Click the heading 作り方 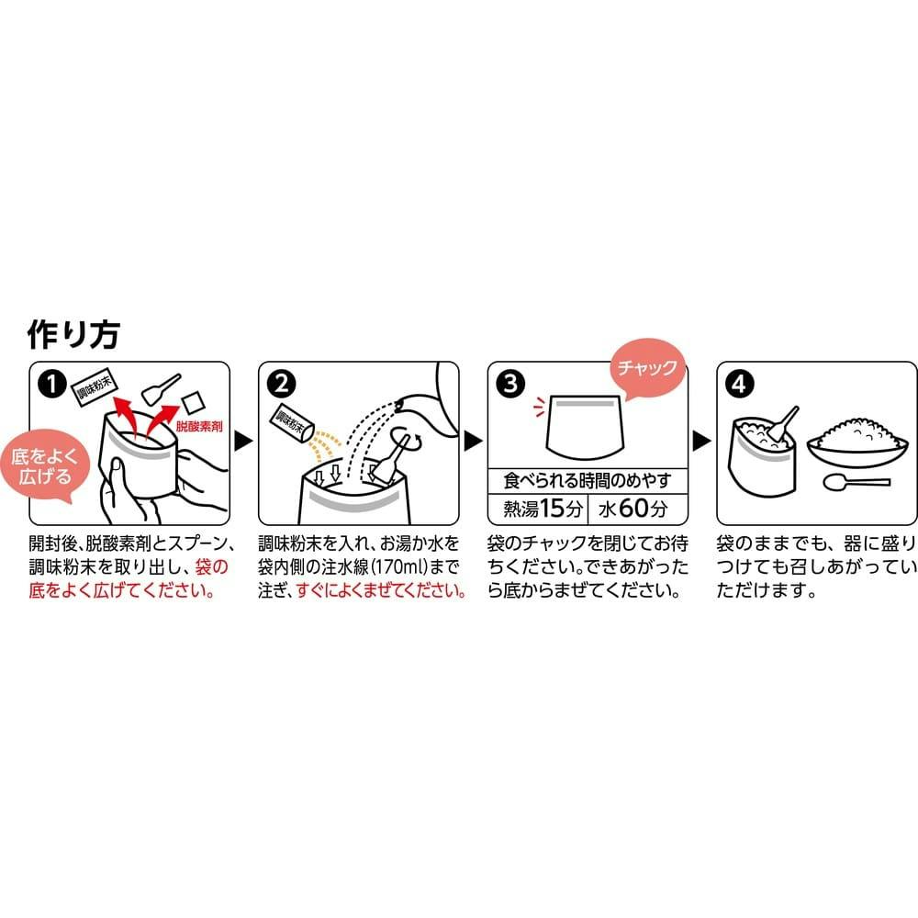pos(73,335)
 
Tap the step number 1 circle pos(51,384)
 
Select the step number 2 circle pos(281,384)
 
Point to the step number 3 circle pos(510,384)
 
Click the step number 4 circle pos(739,384)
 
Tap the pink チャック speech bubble pos(647,368)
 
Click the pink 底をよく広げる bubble pos(44,466)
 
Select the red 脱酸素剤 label pos(199,426)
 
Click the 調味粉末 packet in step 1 pos(95,388)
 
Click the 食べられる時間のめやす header pos(588,481)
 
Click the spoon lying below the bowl pos(856,483)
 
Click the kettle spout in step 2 pos(403,403)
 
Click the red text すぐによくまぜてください pos(382,590)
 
